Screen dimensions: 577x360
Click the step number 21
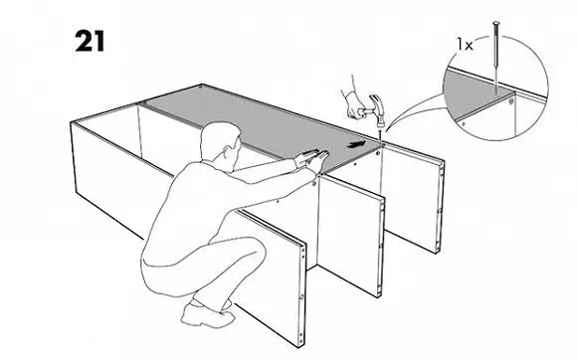pyautogui.click(x=90, y=41)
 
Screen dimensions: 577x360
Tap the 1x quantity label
pyautogui.click(x=465, y=45)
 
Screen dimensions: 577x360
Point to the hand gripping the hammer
pyautogui.click(x=353, y=104)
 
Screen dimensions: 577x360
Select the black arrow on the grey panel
pyautogui.click(x=356, y=144)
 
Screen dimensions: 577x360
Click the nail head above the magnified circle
pyautogui.click(x=496, y=23)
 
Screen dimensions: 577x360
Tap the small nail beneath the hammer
pyautogui.click(x=379, y=135)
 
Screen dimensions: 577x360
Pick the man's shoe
pyautogui.click(x=207, y=315)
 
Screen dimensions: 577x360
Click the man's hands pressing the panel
pyautogui.click(x=311, y=158)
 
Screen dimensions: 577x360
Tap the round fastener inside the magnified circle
pyautogui.click(x=511, y=100)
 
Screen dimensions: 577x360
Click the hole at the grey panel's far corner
pyautogui.click(x=200, y=88)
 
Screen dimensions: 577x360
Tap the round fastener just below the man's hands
pyautogui.click(x=313, y=183)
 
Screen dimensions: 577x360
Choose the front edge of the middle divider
pyautogui.click(x=380, y=247)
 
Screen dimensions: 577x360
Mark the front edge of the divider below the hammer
pyautogui.click(x=439, y=207)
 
